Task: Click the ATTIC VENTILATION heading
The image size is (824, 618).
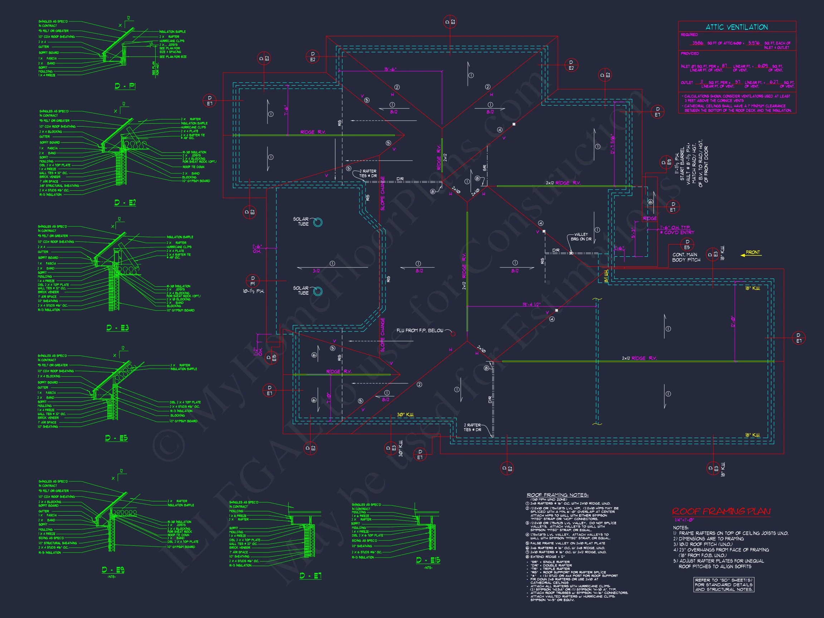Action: click(x=736, y=27)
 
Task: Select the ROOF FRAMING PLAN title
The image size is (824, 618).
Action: click(x=721, y=511)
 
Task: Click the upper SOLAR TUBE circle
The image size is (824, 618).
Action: click(x=318, y=222)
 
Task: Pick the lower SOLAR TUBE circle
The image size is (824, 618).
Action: click(x=318, y=291)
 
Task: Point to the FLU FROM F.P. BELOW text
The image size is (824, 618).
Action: click(x=420, y=331)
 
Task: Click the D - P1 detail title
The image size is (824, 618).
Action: click(x=125, y=87)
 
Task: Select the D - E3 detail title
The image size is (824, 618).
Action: click(x=117, y=328)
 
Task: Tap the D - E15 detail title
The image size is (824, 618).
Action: click(x=428, y=561)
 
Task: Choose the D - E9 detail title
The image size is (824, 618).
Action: click(x=113, y=570)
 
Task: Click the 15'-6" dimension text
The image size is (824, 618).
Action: click(x=390, y=69)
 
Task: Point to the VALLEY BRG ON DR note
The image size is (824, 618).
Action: click(x=581, y=237)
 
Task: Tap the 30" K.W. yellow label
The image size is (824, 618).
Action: click(x=405, y=415)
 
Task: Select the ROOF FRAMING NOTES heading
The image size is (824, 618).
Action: click(x=557, y=495)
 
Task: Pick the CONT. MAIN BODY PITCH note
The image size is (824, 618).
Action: click(x=686, y=257)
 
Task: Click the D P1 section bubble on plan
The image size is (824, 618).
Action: click(x=253, y=281)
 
